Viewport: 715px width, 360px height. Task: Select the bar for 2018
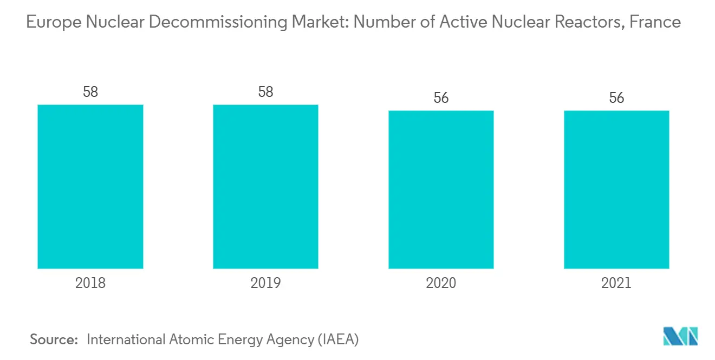[x=90, y=186]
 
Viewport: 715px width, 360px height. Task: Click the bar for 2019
[x=265, y=186]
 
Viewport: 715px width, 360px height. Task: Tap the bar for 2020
[x=441, y=189]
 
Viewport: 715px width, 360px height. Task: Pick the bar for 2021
[x=616, y=189]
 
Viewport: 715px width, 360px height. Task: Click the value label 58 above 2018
[x=90, y=92]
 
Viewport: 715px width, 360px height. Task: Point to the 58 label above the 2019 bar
[x=265, y=92]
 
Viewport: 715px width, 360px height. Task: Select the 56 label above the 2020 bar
[x=441, y=98]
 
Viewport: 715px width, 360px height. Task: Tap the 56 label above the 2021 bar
[x=616, y=98]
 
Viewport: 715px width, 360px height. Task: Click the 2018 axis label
[x=90, y=283]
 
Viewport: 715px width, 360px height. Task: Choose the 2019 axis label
[x=265, y=283]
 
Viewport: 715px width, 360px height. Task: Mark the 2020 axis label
[x=441, y=283]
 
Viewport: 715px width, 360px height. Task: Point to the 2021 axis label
[x=616, y=283]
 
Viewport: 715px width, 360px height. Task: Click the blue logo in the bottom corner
[x=680, y=336]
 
